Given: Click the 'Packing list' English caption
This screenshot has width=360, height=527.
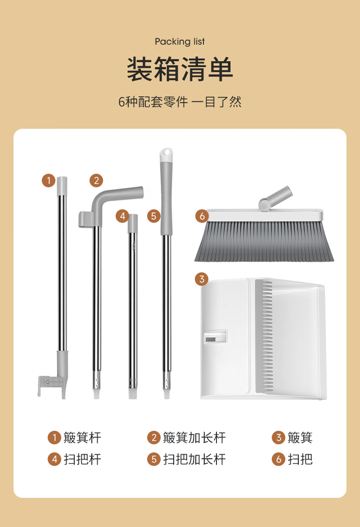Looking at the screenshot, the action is (180, 41).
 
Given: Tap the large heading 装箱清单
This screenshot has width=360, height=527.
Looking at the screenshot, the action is (180, 69).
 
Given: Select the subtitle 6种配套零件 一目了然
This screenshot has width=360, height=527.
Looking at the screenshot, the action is (180, 102).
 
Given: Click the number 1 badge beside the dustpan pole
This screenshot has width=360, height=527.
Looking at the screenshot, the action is (49, 181).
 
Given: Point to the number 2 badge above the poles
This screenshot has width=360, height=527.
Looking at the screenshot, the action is (97, 181).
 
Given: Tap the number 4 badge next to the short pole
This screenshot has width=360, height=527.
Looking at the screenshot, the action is (123, 216).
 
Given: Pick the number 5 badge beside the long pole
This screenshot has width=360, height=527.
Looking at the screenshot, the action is (154, 216).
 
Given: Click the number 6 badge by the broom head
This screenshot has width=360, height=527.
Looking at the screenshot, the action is (202, 216).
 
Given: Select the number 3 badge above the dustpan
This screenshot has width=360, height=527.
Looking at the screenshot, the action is (202, 279).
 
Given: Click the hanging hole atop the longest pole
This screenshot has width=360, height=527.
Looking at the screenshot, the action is (167, 153).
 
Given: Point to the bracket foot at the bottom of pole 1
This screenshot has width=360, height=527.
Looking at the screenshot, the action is (51, 383).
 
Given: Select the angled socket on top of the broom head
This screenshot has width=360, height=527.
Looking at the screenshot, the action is (275, 198).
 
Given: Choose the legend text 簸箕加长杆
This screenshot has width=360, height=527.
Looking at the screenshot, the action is (194, 438).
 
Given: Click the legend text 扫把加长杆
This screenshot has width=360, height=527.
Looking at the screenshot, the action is (194, 459).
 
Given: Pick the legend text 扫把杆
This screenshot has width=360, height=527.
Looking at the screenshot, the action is (82, 459).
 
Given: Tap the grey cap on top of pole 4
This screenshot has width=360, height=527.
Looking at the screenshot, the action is (133, 223).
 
